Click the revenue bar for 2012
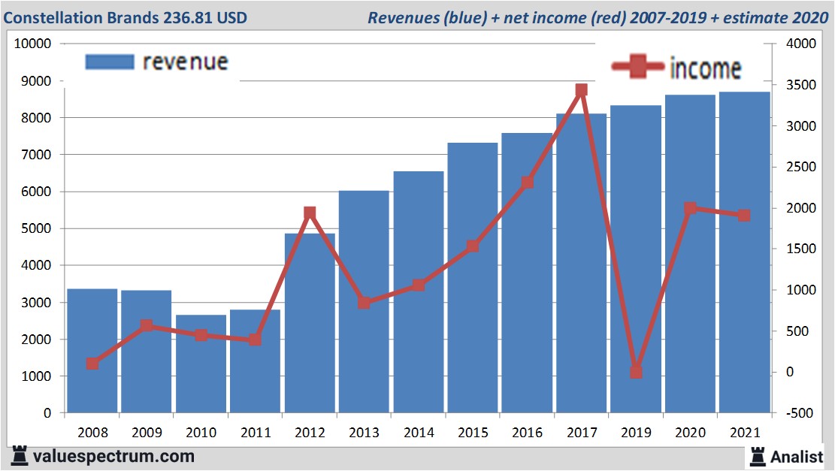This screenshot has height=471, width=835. point(310,323)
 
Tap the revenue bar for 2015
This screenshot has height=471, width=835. point(473,278)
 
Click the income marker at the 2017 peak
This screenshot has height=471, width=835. point(581,90)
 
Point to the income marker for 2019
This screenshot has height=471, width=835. point(636,372)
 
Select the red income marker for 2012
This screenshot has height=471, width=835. point(310,213)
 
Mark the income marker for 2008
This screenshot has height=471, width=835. point(92,364)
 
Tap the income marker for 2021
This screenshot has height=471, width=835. point(744,216)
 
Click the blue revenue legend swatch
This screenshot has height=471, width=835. point(110,62)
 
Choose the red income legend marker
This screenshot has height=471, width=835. point(638,68)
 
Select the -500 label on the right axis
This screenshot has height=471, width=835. point(797,413)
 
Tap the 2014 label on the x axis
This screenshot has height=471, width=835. point(419,433)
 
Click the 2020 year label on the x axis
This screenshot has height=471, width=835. point(690,433)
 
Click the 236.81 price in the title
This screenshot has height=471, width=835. point(189,17)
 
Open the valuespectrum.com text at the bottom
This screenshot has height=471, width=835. point(113,456)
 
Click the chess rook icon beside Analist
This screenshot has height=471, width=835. point(757,455)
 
